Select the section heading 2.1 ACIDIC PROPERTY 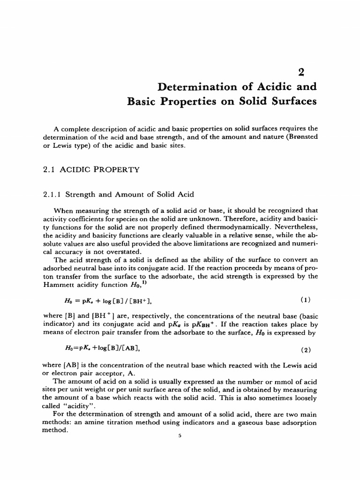pos(91,170)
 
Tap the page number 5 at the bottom pos(180,435)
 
